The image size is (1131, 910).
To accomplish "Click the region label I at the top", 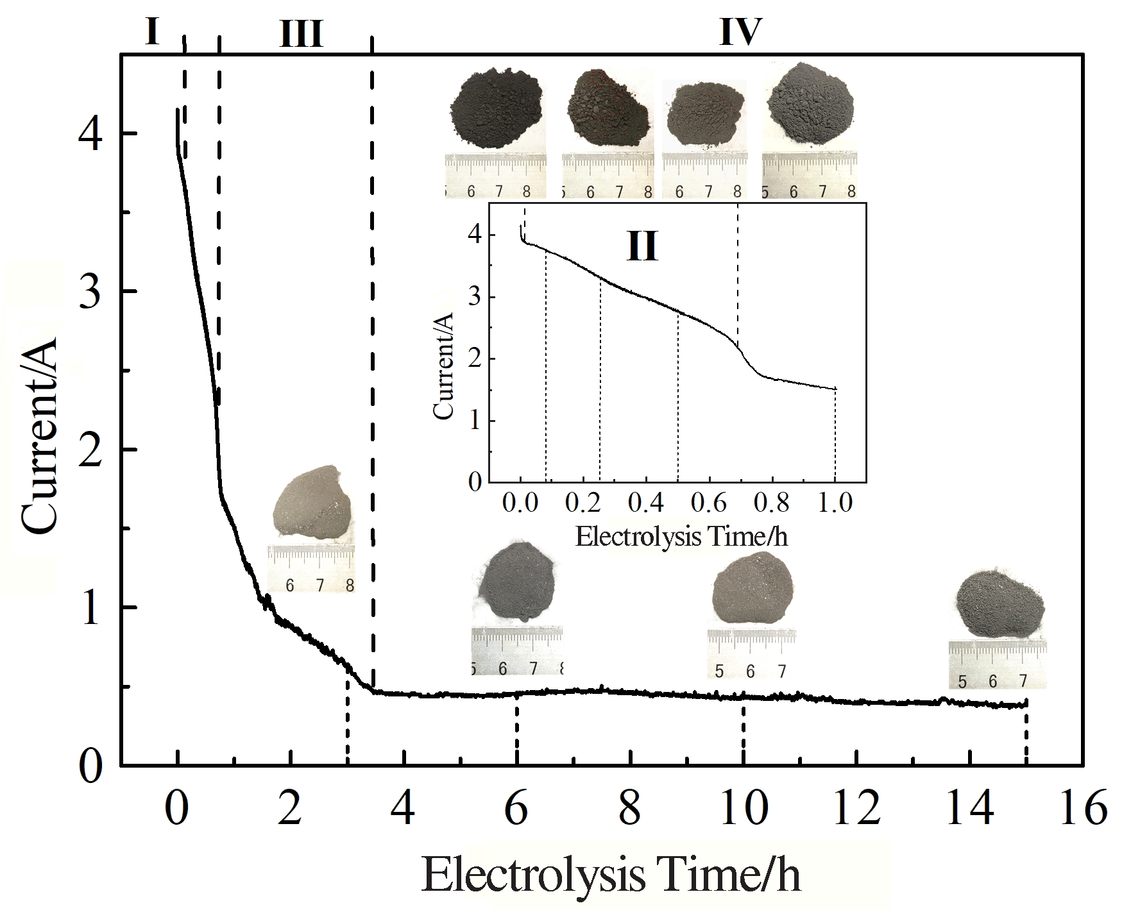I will (152, 32).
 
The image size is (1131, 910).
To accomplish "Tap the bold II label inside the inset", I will (642, 246).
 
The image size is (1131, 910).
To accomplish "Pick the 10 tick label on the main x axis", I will (744, 810).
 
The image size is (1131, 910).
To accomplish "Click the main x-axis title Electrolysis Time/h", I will (611, 875).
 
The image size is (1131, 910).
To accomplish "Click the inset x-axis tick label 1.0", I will (835, 503).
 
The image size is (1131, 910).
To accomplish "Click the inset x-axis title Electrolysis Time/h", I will (681, 536).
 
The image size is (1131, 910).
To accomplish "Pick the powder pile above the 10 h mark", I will (753, 591).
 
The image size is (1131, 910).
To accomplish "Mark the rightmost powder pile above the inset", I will (810, 106).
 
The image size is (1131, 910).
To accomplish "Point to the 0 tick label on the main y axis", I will (90, 765).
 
